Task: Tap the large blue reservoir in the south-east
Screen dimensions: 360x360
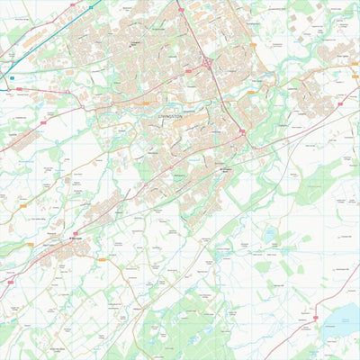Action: tap(343, 316)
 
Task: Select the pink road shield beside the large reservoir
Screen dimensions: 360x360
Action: tap(316, 319)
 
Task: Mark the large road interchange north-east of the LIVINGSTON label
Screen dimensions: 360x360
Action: tap(207, 63)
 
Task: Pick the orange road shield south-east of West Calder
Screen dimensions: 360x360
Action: tap(102, 260)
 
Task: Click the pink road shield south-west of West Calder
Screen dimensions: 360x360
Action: tap(11, 282)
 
